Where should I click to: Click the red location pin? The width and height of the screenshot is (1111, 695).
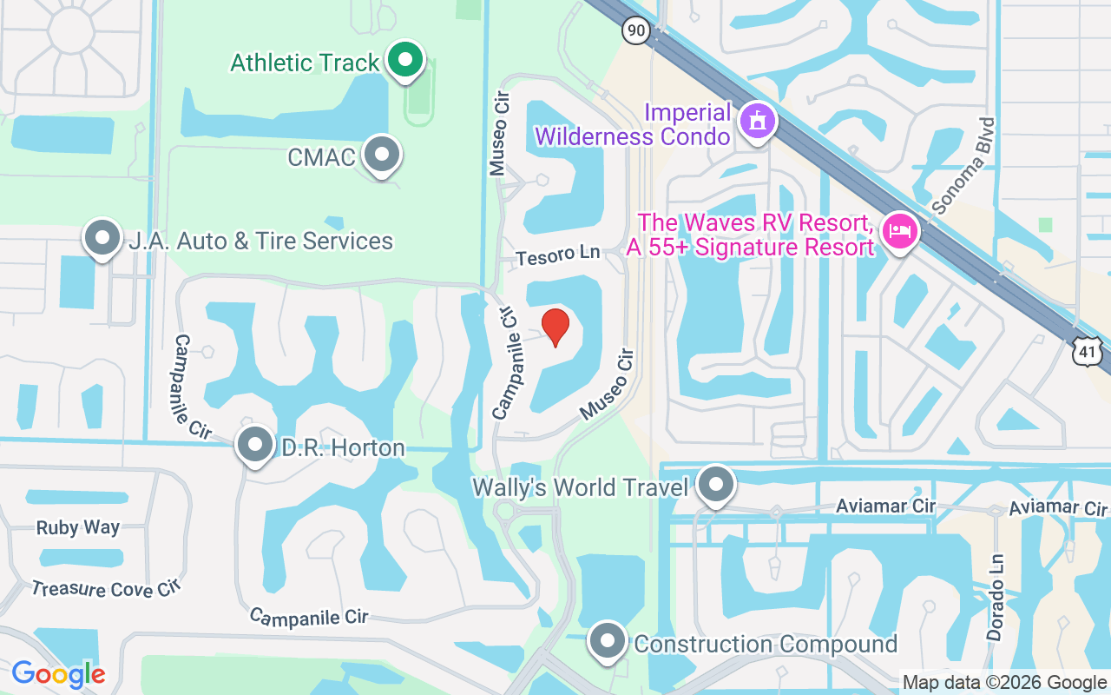point(555,327)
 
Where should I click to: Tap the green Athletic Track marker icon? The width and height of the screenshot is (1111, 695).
point(404,60)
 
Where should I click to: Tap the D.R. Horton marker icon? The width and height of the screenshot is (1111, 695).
point(255,445)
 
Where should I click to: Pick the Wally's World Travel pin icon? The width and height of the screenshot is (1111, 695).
point(716,486)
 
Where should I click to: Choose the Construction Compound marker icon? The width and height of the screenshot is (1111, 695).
point(608,642)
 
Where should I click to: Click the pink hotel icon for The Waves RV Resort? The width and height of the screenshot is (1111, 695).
point(900,232)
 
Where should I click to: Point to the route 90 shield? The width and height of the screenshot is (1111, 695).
point(635,31)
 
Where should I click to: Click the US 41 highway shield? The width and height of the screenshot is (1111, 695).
point(1087,352)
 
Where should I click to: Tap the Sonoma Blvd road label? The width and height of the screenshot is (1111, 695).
point(963,166)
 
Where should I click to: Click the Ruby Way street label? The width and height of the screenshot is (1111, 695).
point(78,527)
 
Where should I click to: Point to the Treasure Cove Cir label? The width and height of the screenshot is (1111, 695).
point(105,589)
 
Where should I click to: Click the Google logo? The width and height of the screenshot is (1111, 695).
point(58,674)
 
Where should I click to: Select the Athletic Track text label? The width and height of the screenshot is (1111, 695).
point(305,63)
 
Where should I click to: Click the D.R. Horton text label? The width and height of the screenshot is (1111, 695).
point(343,448)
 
